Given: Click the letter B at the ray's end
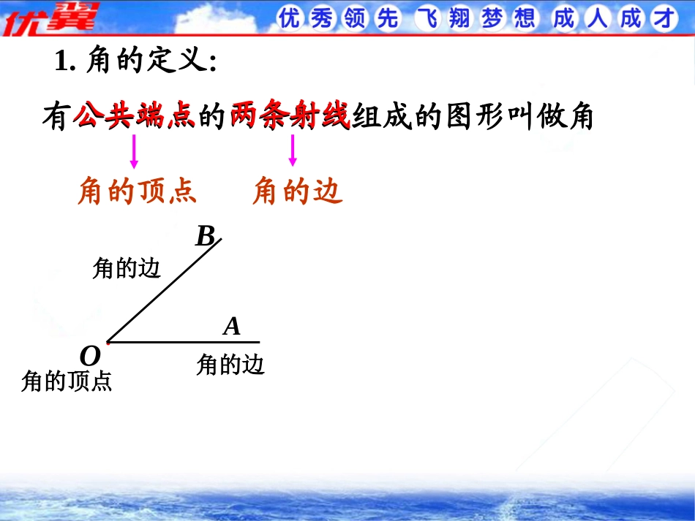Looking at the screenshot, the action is tap(206, 235).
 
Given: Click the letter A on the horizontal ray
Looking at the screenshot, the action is tap(232, 327).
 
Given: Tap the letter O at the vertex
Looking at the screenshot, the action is tap(90, 356).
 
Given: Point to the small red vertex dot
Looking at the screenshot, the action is tap(108, 342).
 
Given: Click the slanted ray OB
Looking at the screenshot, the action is tap(165, 290).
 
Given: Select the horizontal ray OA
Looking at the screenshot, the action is tap(184, 342).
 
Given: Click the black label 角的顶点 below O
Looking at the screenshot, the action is tap(67, 381).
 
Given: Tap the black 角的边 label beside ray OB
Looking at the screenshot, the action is tap(127, 268).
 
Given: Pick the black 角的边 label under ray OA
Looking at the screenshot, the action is tap(230, 365).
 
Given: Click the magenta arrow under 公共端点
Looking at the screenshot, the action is tap(134, 151).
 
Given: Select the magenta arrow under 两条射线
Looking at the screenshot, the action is tap(292, 151).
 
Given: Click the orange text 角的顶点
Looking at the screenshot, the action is tap(138, 191).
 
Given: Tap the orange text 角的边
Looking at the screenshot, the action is tap(298, 191).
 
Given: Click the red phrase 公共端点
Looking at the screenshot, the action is tap(135, 116).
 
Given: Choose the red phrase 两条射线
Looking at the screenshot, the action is tap(290, 116).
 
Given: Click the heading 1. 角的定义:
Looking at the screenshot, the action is tap(135, 60).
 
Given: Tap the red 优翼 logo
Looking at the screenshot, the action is tap(50, 18).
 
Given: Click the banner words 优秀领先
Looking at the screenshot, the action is tap(339, 18).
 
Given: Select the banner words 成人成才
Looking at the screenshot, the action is tap(615, 18).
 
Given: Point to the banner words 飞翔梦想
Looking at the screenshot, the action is tap(476, 18).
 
